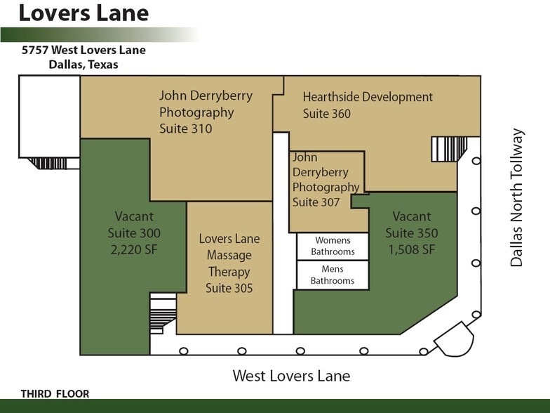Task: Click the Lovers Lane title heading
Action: (x=83, y=13)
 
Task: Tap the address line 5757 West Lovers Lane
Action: (x=83, y=51)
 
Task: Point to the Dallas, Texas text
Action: (x=83, y=65)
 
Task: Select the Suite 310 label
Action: (x=185, y=129)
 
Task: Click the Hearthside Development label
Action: (x=368, y=97)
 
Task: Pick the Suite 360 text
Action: (x=326, y=113)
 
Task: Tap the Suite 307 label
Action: (x=316, y=202)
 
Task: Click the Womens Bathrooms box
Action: (x=333, y=247)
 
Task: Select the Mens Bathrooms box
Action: (x=333, y=275)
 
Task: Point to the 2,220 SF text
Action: (x=134, y=250)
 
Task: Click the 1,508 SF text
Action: (x=412, y=250)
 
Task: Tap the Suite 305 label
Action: (x=229, y=288)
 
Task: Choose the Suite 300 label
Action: (x=134, y=233)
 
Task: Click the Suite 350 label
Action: (x=412, y=233)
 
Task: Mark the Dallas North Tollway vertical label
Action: (x=517, y=197)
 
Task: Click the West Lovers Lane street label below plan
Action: (x=291, y=376)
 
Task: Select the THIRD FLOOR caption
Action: (x=55, y=394)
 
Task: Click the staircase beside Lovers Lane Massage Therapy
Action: (x=163, y=314)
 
